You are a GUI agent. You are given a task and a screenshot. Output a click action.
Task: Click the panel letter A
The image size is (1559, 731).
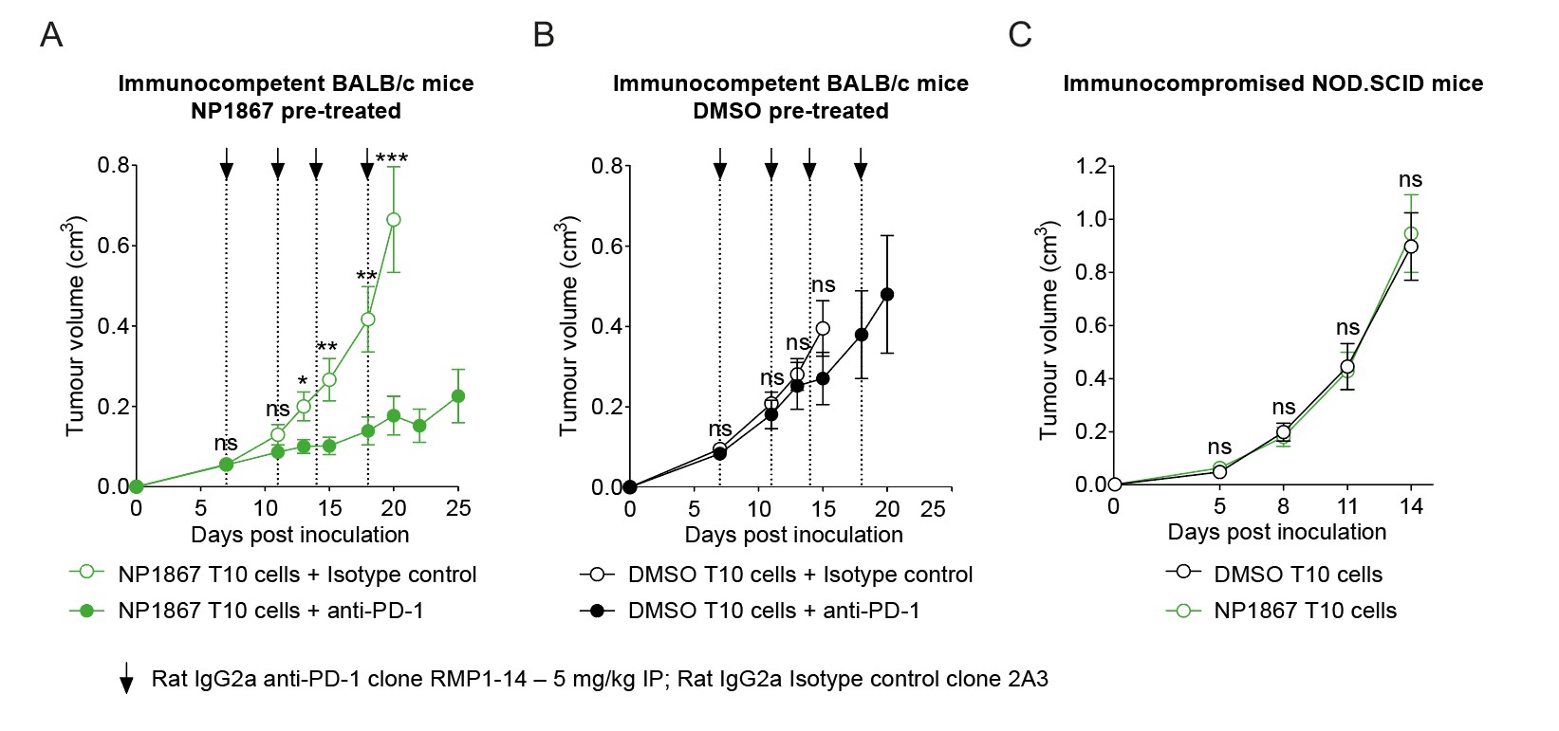click(x=51, y=35)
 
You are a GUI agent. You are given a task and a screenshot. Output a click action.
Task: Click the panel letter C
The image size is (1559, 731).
click(x=1020, y=35)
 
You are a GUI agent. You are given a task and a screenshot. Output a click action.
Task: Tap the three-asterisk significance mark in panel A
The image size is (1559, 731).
click(x=392, y=159)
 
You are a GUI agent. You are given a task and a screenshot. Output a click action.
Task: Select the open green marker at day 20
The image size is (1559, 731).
click(x=394, y=220)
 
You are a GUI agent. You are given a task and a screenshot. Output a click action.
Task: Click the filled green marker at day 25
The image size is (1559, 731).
click(x=458, y=396)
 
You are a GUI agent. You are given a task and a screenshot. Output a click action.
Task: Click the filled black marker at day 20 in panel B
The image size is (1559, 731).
click(x=887, y=295)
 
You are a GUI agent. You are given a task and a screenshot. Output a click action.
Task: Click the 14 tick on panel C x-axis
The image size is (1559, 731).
click(x=1411, y=506)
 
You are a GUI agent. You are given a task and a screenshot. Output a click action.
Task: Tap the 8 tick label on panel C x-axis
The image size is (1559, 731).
click(x=1283, y=506)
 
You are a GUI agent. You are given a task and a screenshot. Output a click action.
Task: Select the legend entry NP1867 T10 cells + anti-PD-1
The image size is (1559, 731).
click(x=270, y=611)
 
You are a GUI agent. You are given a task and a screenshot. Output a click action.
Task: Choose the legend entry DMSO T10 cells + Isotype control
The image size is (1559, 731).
click(x=800, y=575)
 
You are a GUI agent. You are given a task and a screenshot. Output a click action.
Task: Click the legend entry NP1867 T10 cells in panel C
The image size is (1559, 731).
click(x=1305, y=611)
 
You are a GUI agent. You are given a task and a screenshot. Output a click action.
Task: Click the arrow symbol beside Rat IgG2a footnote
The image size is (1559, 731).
click(x=126, y=679)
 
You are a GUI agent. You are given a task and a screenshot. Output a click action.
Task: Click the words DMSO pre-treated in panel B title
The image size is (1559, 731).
click(x=790, y=111)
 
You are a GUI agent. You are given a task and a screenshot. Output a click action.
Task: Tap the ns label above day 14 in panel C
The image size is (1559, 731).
click(x=1410, y=179)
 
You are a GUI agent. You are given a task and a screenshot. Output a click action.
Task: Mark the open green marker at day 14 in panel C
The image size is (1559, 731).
click(x=1411, y=234)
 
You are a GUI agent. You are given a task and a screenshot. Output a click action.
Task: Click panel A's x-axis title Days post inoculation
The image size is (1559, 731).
click(x=300, y=535)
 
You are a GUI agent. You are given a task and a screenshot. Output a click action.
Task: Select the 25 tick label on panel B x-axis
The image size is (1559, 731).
click(x=933, y=509)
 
